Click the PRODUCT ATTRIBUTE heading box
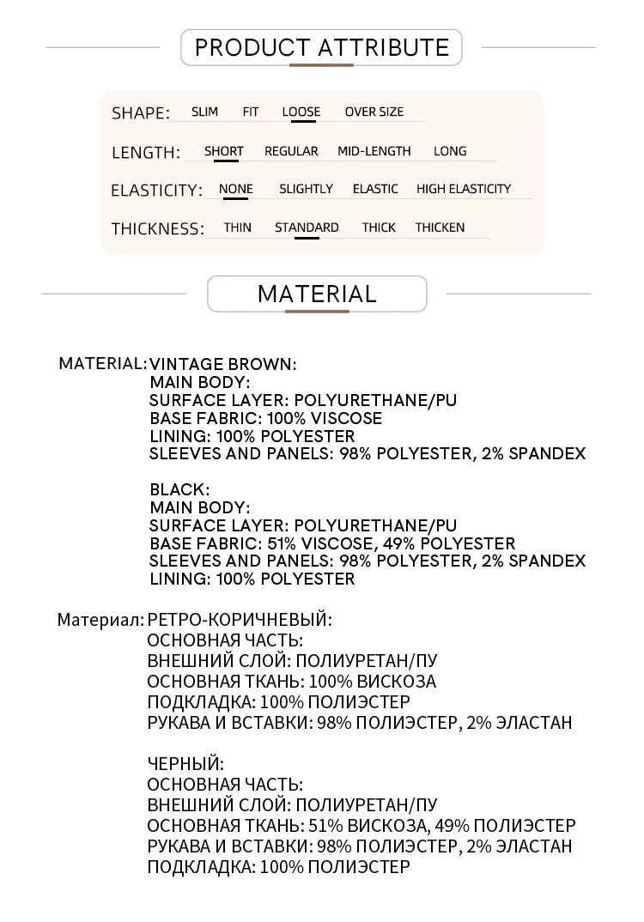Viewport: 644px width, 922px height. (321, 47)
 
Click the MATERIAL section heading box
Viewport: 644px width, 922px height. (317, 294)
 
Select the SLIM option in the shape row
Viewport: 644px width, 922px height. (204, 112)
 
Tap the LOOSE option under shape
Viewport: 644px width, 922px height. (301, 112)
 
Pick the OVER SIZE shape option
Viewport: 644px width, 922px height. (374, 112)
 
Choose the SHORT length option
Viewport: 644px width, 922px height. (223, 151)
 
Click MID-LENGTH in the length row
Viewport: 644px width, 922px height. (374, 151)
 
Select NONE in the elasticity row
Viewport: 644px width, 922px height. (235, 189)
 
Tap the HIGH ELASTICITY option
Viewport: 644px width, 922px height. (463, 189)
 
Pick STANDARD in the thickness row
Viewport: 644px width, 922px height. (307, 227)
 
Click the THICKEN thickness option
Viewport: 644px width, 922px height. (440, 227)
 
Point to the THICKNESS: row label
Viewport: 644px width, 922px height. (158, 229)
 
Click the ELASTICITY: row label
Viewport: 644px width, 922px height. (156, 191)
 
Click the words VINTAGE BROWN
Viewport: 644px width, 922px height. (222, 364)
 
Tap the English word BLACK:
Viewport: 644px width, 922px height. (179, 489)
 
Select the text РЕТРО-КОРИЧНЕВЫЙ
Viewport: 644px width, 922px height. (240, 618)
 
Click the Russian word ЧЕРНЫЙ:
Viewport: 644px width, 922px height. (185, 763)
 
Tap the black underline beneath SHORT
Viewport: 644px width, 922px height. (223, 161)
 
